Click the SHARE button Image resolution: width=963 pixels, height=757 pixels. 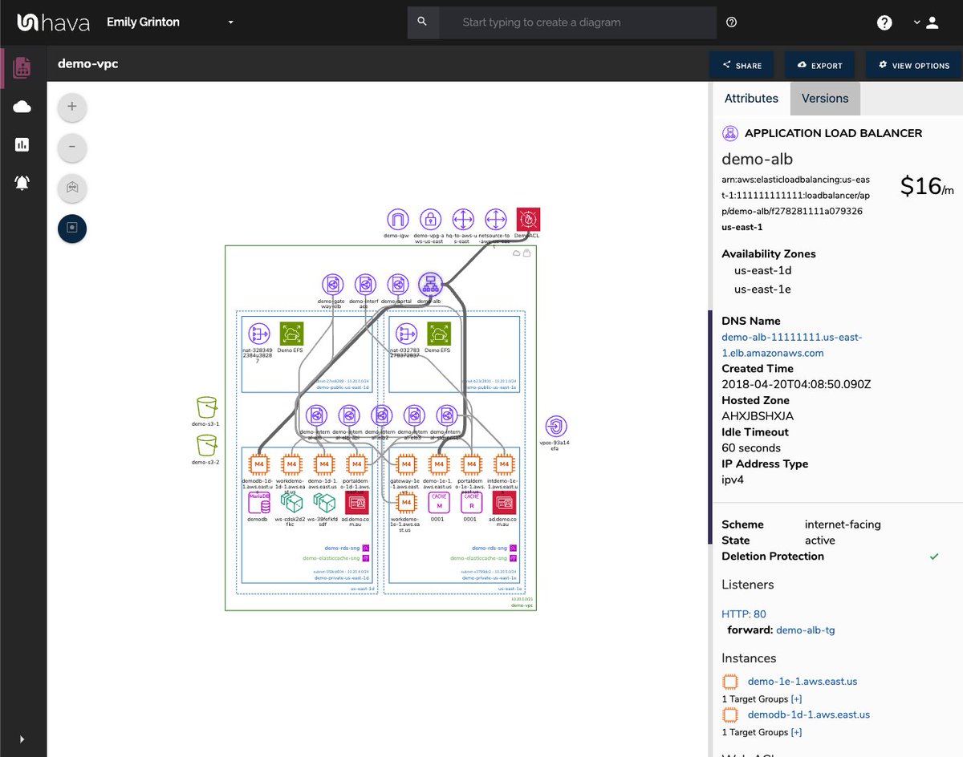click(741, 66)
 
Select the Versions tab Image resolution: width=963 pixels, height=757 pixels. click(824, 99)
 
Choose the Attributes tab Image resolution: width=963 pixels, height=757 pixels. click(751, 99)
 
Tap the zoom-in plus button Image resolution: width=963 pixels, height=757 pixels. click(72, 106)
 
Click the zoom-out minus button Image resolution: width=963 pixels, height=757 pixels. click(72, 147)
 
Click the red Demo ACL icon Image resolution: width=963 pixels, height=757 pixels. click(528, 219)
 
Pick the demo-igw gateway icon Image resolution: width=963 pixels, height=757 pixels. click(397, 219)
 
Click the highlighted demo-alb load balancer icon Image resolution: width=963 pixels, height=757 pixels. click(430, 284)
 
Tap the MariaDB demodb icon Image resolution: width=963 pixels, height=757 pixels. click(258, 503)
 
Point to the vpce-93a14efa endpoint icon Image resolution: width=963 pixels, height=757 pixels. click(555, 426)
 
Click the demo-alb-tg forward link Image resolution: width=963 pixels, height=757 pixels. click(805, 630)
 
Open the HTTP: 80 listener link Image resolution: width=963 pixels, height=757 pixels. click(743, 614)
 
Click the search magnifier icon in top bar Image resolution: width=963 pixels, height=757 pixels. click(422, 22)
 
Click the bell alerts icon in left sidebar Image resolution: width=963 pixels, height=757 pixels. click(22, 183)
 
